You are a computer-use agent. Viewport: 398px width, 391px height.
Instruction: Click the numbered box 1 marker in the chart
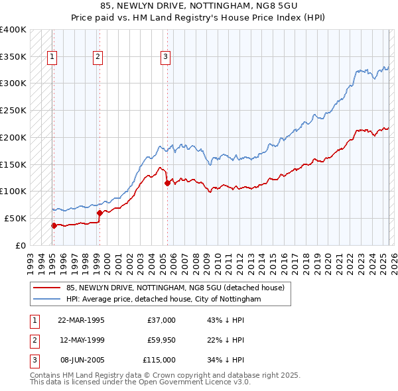click(x=52, y=57)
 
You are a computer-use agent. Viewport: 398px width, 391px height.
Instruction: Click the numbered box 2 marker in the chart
click(x=98, y=57)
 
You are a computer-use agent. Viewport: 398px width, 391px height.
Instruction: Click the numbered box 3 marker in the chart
click(x=165, y=57)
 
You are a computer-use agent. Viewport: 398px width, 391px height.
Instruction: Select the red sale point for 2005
click(x=167, y=183)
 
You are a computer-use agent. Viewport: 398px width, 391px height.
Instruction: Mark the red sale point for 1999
click(x=99, y=213)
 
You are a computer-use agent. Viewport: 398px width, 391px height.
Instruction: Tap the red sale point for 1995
click(x=54, y=225)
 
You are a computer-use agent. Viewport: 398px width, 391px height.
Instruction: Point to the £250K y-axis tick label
click(x=13, y=111)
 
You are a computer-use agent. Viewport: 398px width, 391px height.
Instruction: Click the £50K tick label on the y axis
click(x=15, y=218)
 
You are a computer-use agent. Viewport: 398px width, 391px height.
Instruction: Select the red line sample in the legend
click(x=47, y=288)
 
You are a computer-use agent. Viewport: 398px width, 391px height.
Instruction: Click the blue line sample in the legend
click(x=47, y=299)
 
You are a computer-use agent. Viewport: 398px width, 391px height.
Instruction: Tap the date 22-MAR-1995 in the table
click(x=82, y=320)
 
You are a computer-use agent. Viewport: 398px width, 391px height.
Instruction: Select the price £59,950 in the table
click(x=161, y=340)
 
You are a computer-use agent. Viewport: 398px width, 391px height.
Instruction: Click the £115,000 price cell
click(x=160, y=360)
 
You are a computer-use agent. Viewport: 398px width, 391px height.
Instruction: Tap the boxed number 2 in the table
click(x=33, y=340)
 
